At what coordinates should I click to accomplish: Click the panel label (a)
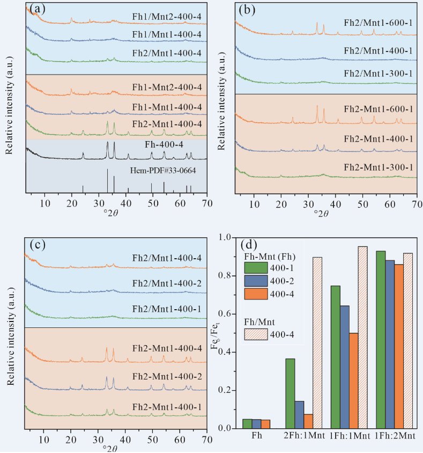(x=38, y=9)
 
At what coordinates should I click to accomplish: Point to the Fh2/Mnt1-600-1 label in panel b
(x=377, y=24)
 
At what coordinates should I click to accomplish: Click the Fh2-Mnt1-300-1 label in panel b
(x=377, y=167)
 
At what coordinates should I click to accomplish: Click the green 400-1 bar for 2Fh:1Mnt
(x=290, y=393)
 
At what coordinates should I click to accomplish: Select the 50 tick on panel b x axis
(x=362, y=205)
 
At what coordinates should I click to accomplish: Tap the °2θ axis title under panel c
(x=117, y=449)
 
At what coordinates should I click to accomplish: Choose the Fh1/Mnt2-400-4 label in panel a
(x=168, y=17)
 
